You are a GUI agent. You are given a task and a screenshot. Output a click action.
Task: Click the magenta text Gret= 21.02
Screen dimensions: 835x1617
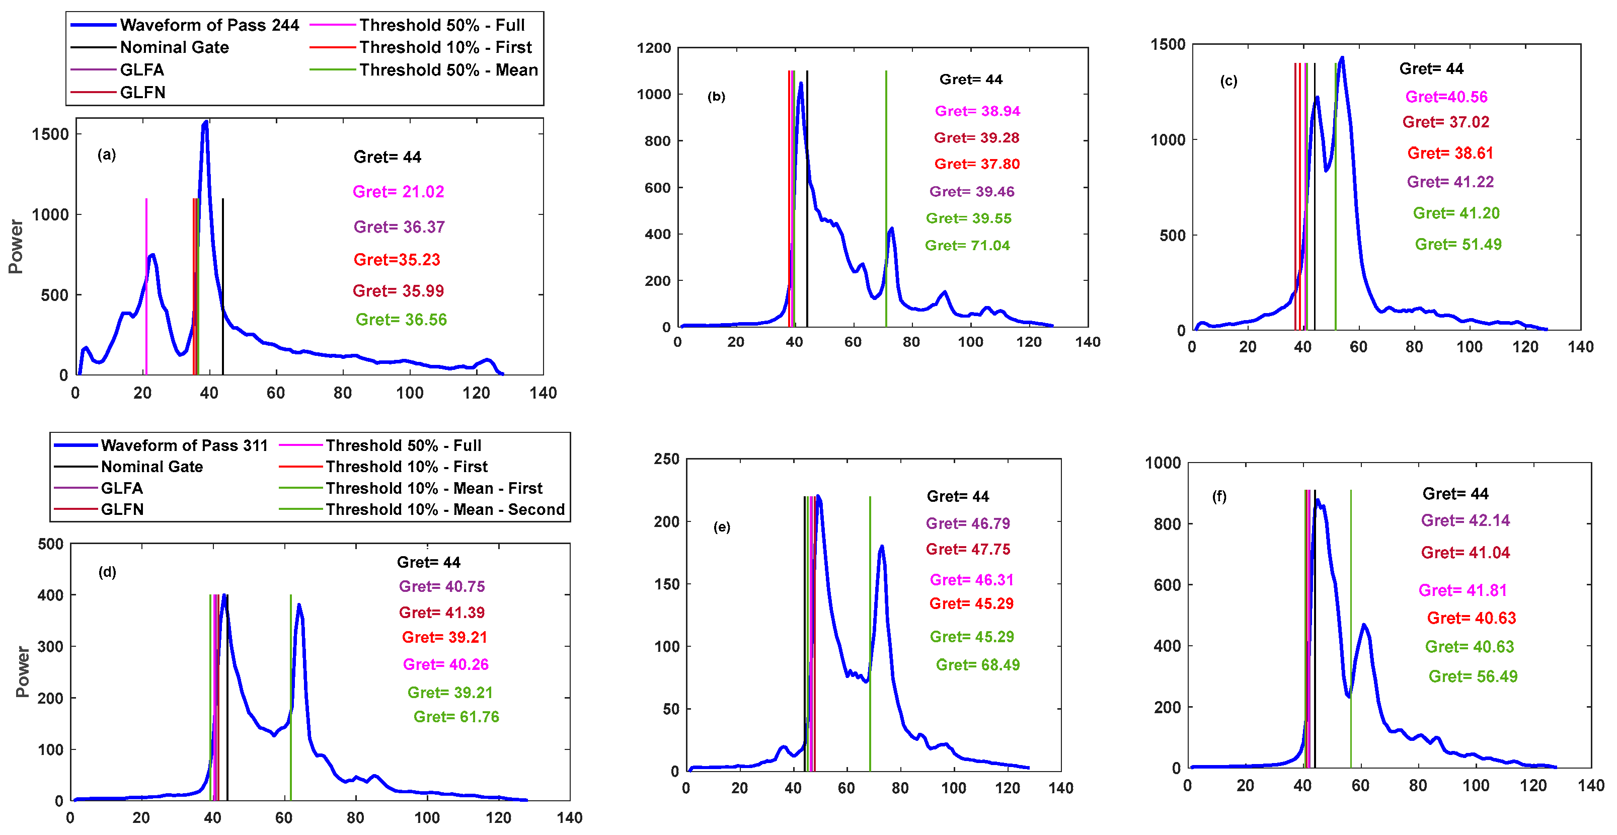coord(398,191)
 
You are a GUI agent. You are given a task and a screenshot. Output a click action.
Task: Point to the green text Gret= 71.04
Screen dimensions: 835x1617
coord(967,246)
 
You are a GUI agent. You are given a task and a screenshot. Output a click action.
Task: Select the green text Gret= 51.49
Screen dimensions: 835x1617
coord(1457,244)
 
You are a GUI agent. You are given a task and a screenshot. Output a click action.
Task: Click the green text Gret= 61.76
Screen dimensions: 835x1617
coord(456,716)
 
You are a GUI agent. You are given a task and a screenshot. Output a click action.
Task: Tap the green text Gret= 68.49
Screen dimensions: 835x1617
coord(977,665)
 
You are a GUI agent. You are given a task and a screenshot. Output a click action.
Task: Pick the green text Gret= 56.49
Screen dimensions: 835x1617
coord(1473,676)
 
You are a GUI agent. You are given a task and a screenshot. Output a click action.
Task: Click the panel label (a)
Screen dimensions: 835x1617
coord(107,155)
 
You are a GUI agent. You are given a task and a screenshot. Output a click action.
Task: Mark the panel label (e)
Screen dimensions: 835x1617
coord(721,527)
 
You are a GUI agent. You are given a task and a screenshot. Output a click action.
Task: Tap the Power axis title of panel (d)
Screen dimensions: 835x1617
coord(23,672)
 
